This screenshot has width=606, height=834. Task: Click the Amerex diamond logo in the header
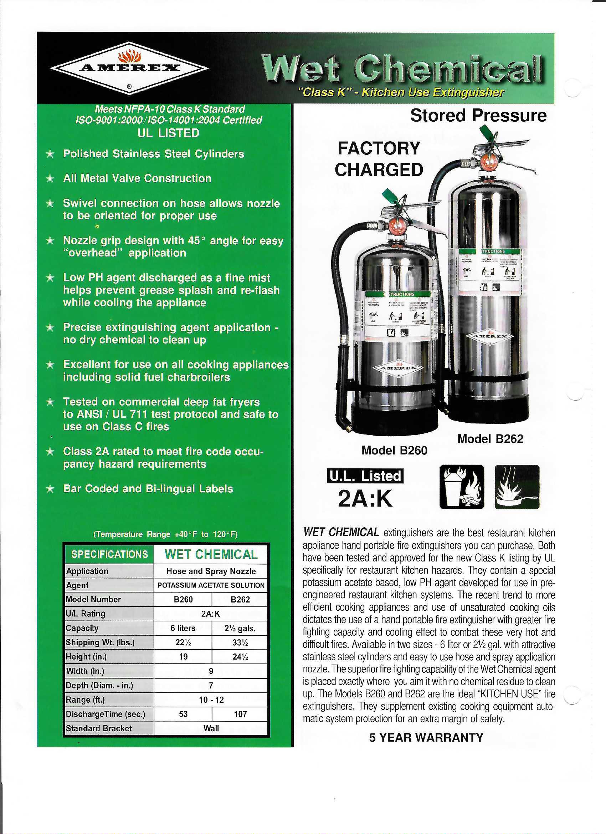coord(129,68)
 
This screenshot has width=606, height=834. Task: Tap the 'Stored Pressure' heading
coord(478,116)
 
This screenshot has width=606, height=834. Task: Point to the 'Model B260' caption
coord(394,451)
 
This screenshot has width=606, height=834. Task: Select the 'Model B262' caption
coord(490,439)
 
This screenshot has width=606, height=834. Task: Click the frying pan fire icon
coord(517,487)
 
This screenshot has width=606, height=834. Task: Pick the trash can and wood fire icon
coord(462,487)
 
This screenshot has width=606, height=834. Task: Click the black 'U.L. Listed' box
coord(365,476)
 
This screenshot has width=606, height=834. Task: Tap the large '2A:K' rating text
coord(365,499)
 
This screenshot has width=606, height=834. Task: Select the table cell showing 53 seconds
coord(183,714)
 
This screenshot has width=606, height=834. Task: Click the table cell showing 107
coord(240,714)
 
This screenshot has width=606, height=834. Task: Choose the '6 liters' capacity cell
coord(183,628)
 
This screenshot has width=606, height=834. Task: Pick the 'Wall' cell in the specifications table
coord(211,728)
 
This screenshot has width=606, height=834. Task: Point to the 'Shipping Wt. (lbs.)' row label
coord(100,642)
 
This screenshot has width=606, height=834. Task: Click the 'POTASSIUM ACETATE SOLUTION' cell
coord(211,585)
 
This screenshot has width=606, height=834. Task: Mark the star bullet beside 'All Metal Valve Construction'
coord(50,179)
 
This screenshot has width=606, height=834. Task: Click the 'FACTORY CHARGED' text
coord(379,159)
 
